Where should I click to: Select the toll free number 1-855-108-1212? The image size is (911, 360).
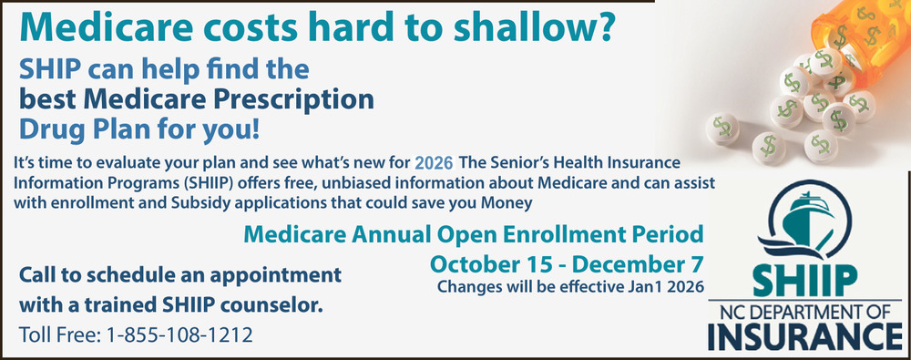click(x=180, y=335)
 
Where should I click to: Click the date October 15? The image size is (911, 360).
click(x=492, y=263)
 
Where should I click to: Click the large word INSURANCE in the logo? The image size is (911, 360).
click(x=804, y=336)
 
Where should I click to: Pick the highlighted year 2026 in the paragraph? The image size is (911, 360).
click(x=434, y=163)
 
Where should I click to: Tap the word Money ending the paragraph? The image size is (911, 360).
click(x=512, y=203)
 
